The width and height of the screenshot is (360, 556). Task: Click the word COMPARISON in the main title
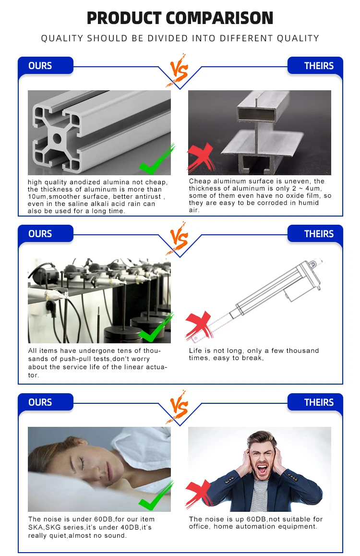(219, 18)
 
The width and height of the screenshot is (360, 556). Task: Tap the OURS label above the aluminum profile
(40, 66)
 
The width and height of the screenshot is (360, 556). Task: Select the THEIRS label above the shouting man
(319, 402)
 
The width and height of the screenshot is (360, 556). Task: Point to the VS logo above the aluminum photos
(178, 70)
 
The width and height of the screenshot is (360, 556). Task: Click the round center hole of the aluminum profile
(57, 138)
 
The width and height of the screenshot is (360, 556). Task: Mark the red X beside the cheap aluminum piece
(201, 157)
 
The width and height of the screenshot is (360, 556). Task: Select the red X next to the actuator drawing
(199, 326)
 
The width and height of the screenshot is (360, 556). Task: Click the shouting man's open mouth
(262, 470)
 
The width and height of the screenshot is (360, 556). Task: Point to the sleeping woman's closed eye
(81, 460)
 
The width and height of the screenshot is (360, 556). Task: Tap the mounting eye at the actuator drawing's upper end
(312, 264)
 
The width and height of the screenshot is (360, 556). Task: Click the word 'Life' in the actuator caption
(195, 351)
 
